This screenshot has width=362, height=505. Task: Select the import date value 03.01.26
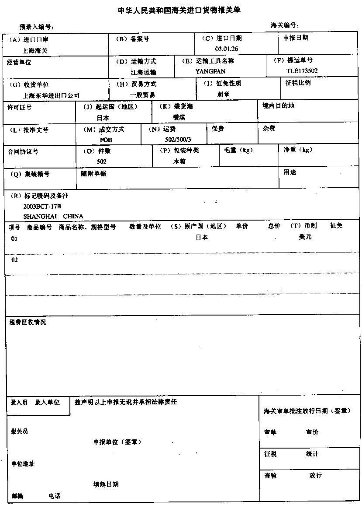(227, 48)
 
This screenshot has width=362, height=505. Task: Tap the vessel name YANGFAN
(210, 71)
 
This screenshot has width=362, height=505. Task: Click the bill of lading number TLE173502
(302, 70)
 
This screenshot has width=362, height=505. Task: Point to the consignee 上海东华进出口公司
(52, 95)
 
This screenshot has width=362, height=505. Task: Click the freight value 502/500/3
(176, 139)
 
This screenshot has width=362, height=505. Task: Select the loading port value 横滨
(179, 117)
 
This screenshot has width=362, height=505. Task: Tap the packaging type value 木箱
(179, 161)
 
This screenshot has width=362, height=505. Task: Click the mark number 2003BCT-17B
(42, 206)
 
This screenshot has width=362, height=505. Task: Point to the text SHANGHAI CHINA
(53, 216)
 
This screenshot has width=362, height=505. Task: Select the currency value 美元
(305, 237)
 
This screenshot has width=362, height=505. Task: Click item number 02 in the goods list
(14, 260)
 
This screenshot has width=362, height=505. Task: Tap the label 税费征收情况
(28, 323)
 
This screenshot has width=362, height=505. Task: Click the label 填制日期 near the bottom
(106, 484)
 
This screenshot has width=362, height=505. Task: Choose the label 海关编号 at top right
(284, 25)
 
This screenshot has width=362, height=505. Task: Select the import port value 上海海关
(35, 50)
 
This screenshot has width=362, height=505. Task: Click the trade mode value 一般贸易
(142, 95)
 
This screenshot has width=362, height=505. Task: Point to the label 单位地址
(23, 463)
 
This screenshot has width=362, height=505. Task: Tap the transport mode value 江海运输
(143, 72)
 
